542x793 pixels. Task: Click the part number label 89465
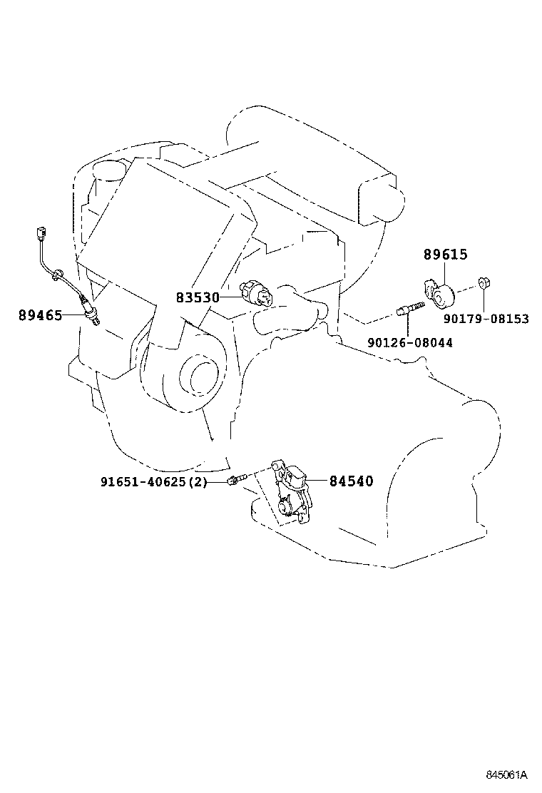pos(40,314)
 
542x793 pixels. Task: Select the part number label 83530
pos(198,297)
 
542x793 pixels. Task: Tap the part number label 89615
pos(446,255)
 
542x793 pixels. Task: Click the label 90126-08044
pos(409,343)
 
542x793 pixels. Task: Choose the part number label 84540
pos(351,481)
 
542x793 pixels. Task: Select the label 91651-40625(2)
pos(153,482)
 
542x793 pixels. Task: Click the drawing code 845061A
pos(506,774)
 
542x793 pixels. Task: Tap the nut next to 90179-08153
pos(482,283)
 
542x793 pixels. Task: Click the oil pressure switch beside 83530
pos(257,292)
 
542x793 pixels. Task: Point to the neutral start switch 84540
pos(292,492)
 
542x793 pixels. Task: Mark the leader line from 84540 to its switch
pos(317,481)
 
